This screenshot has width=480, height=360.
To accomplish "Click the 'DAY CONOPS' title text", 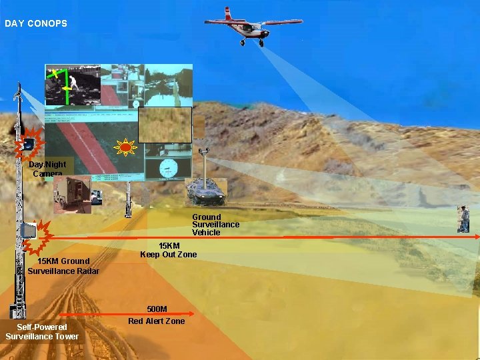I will click(36, 24).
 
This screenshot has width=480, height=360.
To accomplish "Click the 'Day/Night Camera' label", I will click(47, 169).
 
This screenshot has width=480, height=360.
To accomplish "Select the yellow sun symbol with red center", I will click(124, 146).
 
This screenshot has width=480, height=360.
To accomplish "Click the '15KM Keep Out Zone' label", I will click(169, 250).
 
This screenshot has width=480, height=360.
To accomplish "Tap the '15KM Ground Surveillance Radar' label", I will click(64, 266).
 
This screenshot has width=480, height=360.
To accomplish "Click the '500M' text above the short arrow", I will click(157, 309).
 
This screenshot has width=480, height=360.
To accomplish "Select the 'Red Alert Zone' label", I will click(157, 321).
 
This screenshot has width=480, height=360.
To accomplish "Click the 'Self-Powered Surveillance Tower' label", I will click(42, 331).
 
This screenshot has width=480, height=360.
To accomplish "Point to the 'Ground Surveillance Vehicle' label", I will click(215, 225).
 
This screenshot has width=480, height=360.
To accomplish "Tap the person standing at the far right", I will click(464, 219).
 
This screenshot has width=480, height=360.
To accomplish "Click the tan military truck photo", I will click(73, 195).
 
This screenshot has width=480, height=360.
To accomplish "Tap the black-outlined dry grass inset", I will click(165, 125).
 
